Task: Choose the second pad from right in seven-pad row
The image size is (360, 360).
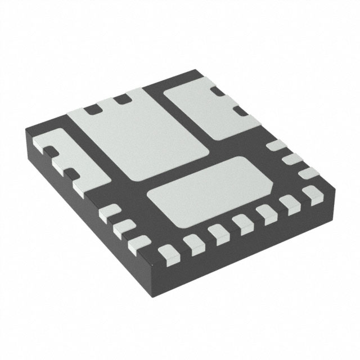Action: point(291,204)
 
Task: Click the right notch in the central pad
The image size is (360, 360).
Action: point(120,100)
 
